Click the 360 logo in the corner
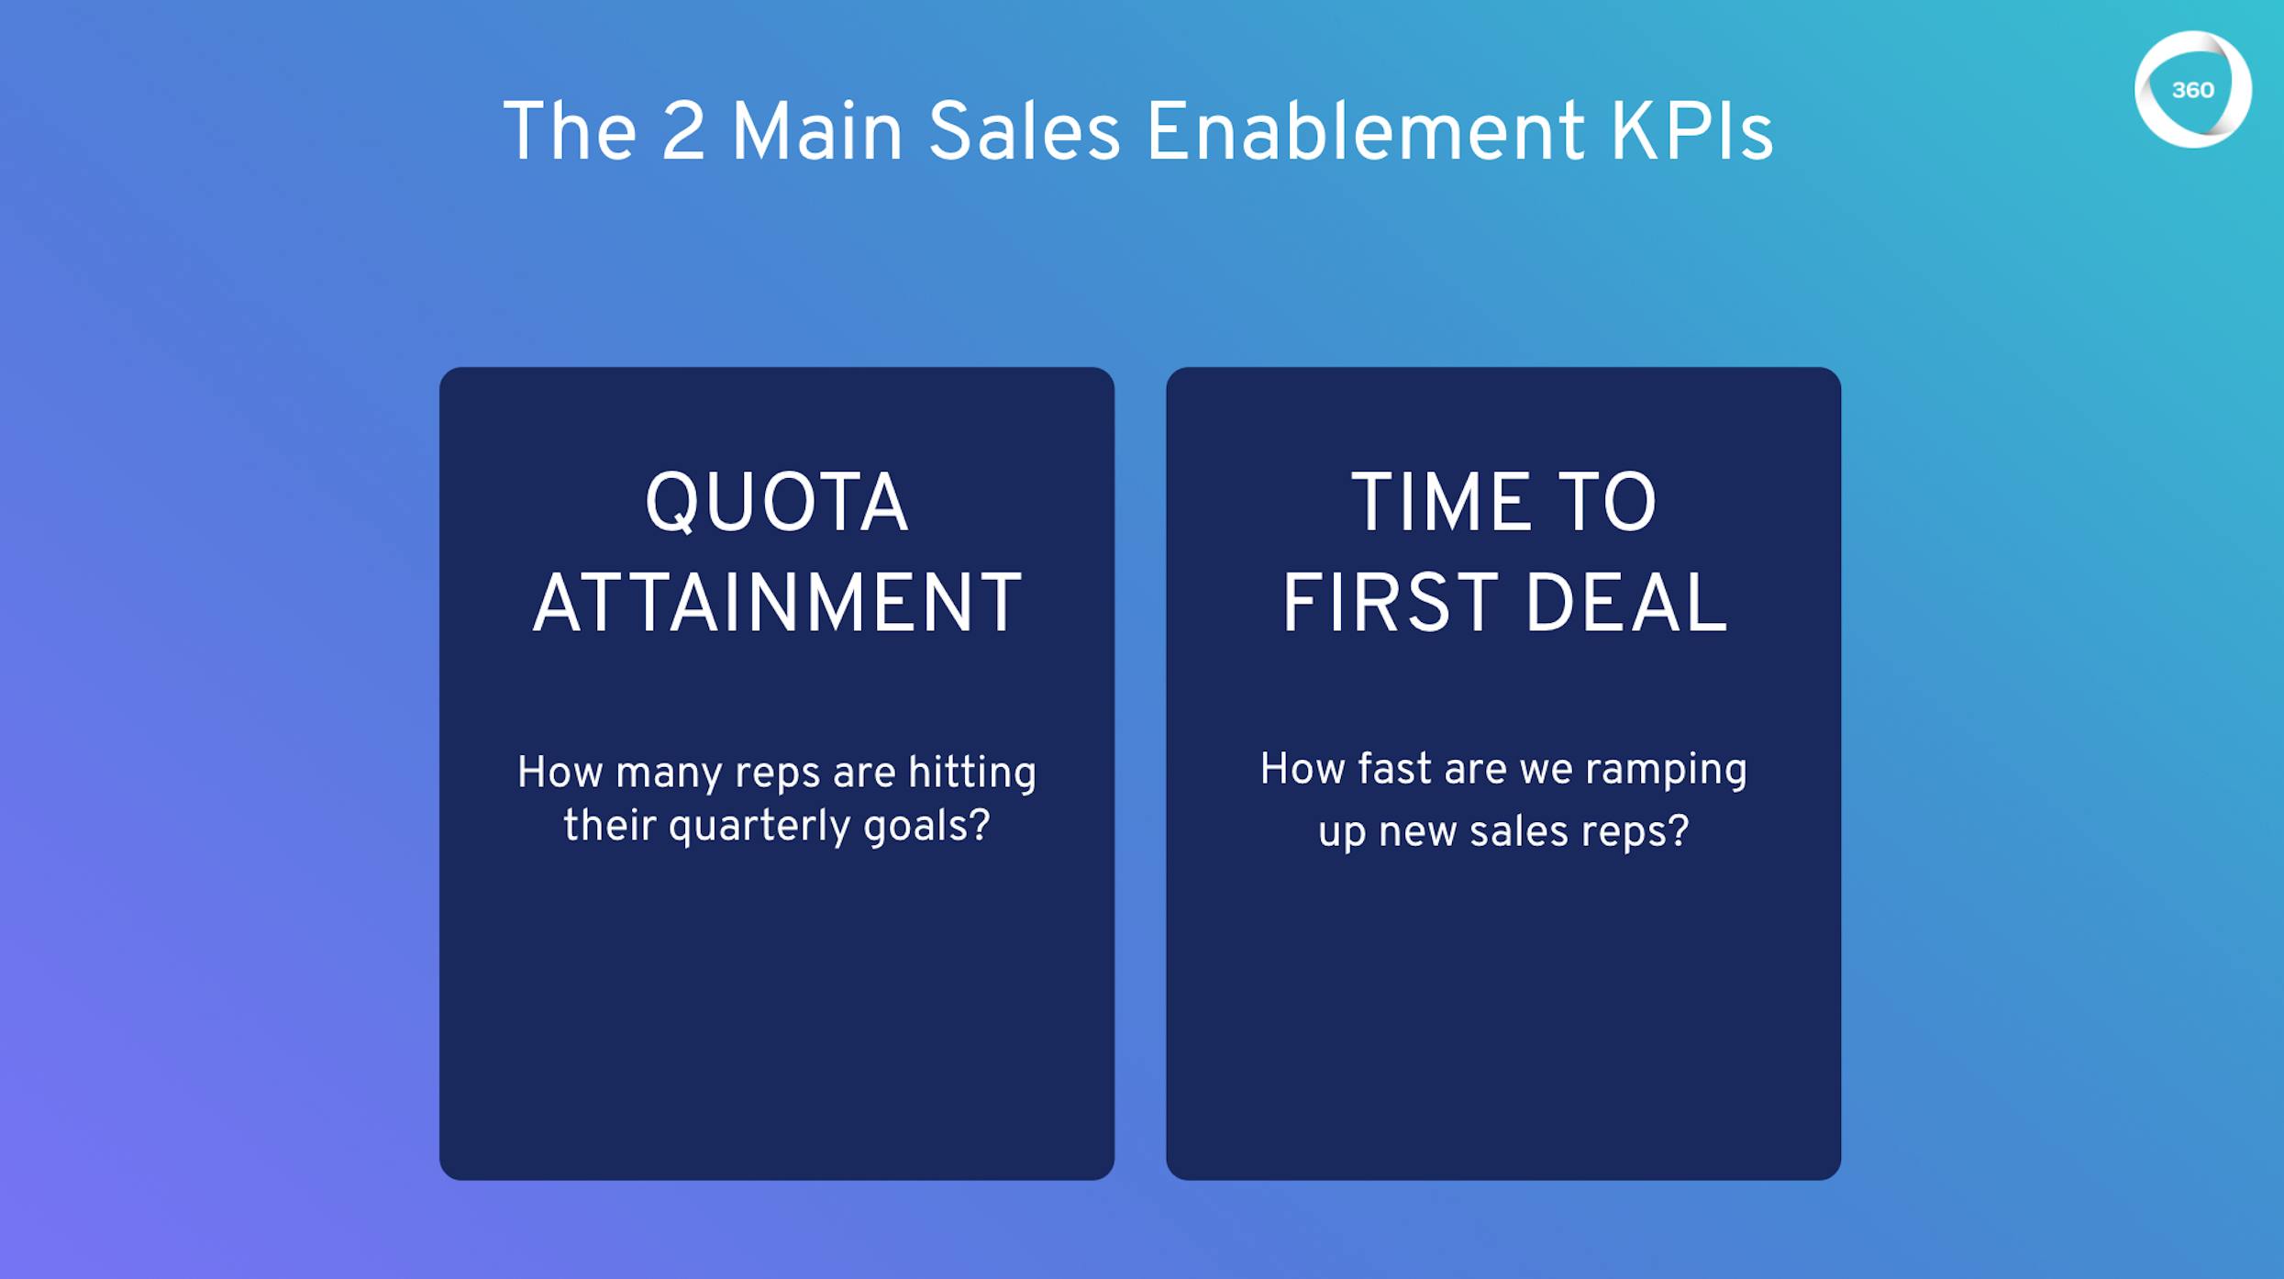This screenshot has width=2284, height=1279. (2192, 90)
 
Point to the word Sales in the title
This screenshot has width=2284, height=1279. (1024, 132)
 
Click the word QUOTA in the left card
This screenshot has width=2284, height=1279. (777, 503)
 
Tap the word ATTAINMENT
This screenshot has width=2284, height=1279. (777, 603)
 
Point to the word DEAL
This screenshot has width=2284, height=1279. (1627, 603)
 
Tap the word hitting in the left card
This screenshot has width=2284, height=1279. (972, 772)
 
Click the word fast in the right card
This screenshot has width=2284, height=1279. (1394, 769)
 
